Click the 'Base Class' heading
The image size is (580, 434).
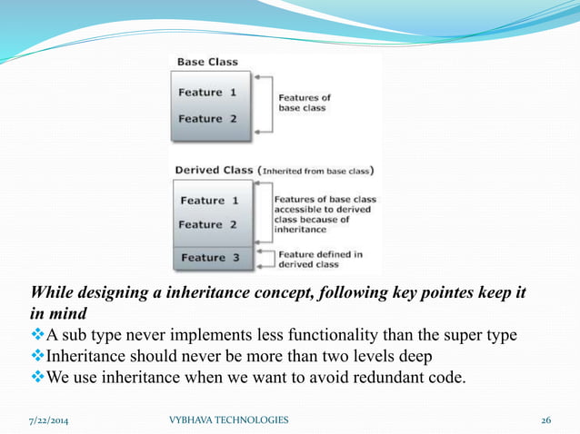tap(206, 63)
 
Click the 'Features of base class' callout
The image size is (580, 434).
tap(304, 102)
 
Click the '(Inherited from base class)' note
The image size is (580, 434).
tap(317, 170)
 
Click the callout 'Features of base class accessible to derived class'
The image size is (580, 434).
tap(326, 215)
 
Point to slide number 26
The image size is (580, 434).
tap(545, 419)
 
